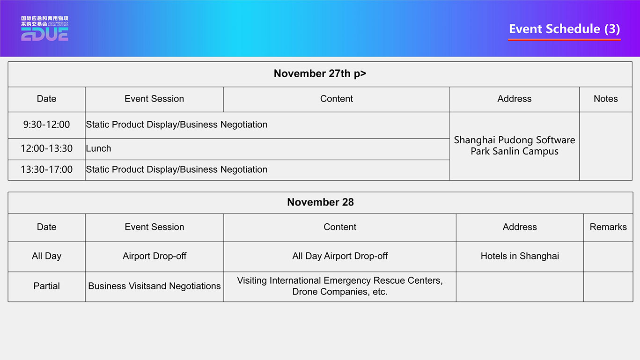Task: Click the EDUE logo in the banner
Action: coord(44,28)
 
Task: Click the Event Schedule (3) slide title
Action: coord(564,29)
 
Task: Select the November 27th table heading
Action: coord(320,73)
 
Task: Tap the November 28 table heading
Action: coord(320,202)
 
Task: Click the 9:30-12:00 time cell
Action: coord(46,125)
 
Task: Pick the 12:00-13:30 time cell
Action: coord(46,148)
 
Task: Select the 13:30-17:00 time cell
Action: coord(46,169)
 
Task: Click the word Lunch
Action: coord(98,148)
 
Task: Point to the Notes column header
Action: coord(605,99)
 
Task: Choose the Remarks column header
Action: coord(608,227)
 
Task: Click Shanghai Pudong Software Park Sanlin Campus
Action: coord(514,146)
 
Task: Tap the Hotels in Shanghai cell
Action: coord(519,256)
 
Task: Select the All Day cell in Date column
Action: coord(46,256)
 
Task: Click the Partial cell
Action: coord(46,286)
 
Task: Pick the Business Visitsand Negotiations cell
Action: coord(154,286)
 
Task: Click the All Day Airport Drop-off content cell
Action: coord(340,256)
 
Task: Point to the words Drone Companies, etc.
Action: coord(340,292)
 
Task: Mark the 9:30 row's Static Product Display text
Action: coord(177,125)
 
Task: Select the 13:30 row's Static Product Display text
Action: coord(177,169)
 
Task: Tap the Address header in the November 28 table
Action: coord(519,227)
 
